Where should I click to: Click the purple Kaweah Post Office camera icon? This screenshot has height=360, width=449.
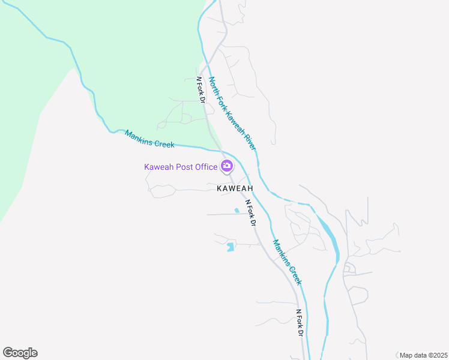coord(227,166)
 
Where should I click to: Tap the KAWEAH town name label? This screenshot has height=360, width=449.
coord(235,188)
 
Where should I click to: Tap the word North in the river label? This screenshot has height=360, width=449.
coord(214,86)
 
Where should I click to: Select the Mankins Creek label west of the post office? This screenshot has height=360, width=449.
coord(149,140)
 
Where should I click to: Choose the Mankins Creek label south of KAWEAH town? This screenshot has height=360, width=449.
coord(287,262)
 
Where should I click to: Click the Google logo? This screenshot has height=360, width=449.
coord(20,353)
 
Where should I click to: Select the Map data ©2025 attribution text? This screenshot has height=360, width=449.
coord(423,355)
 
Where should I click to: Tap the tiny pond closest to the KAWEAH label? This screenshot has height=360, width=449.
coord(237,211)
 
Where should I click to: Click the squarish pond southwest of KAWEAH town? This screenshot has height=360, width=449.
coord(230,247)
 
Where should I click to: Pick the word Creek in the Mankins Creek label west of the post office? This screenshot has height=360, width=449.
coord(163,143)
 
